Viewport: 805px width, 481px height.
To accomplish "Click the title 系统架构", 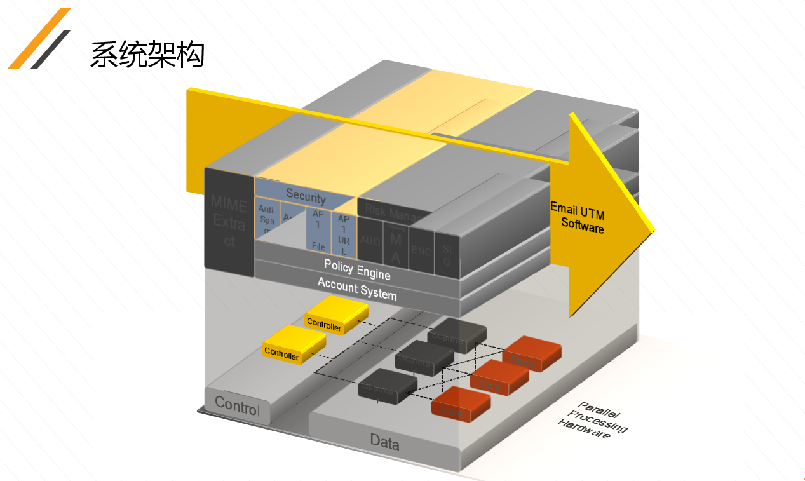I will tap(147, 55).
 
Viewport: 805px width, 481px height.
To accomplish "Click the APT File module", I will tap(318, 229).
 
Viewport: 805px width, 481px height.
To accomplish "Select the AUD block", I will tap(370, 241).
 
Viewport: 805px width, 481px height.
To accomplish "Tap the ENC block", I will tap(421, 250).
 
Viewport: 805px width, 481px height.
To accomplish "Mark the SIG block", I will tap(447, 254).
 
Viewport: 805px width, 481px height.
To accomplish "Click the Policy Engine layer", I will tap(356, 269).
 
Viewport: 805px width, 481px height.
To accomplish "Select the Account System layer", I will tap(356, 289).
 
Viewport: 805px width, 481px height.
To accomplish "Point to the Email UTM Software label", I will tap(578, 216).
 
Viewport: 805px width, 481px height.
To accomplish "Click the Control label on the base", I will tap(237, 405).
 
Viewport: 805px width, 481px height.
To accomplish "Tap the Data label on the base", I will tap(384, 441).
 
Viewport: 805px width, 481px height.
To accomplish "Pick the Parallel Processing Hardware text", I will tap(592, 420).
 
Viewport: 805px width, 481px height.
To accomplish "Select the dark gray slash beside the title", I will tap(51, 49).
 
